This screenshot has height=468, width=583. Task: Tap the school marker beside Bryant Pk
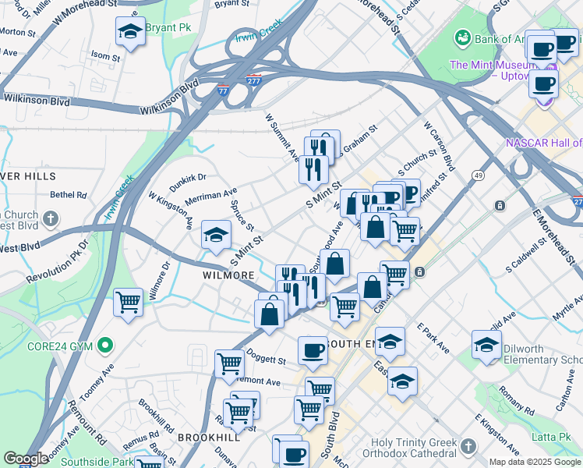point(130,33)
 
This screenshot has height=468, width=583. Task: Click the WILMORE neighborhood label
point(228,276)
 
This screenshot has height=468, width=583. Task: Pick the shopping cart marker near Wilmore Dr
point(128,303)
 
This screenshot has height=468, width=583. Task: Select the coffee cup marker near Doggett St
point(313,350)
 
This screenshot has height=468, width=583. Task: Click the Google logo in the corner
point(26,459)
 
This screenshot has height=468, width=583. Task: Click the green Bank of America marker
point(463,37)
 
